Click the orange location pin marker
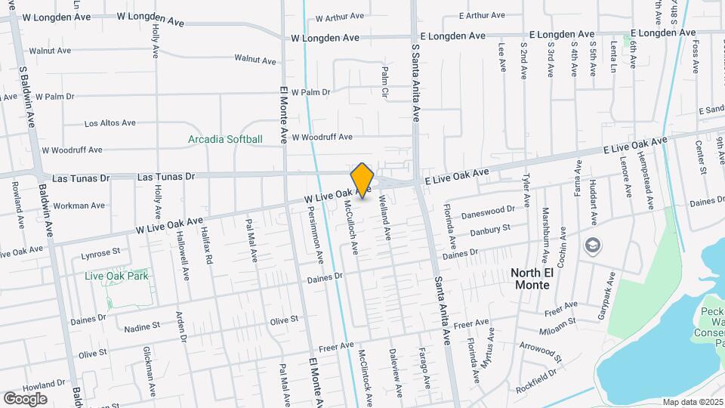click(x=362, y=180)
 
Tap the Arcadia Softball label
click(x=225, y=139)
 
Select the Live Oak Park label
click(x=116, y=277)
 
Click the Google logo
click(x=25, y=399)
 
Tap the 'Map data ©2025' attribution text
click(x=693, y=402)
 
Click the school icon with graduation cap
click(x=593, y=245)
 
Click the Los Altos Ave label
click(x=110, y=122)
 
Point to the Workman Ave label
click(x=79, y=206)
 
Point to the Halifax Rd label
click(x=208, y=247)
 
